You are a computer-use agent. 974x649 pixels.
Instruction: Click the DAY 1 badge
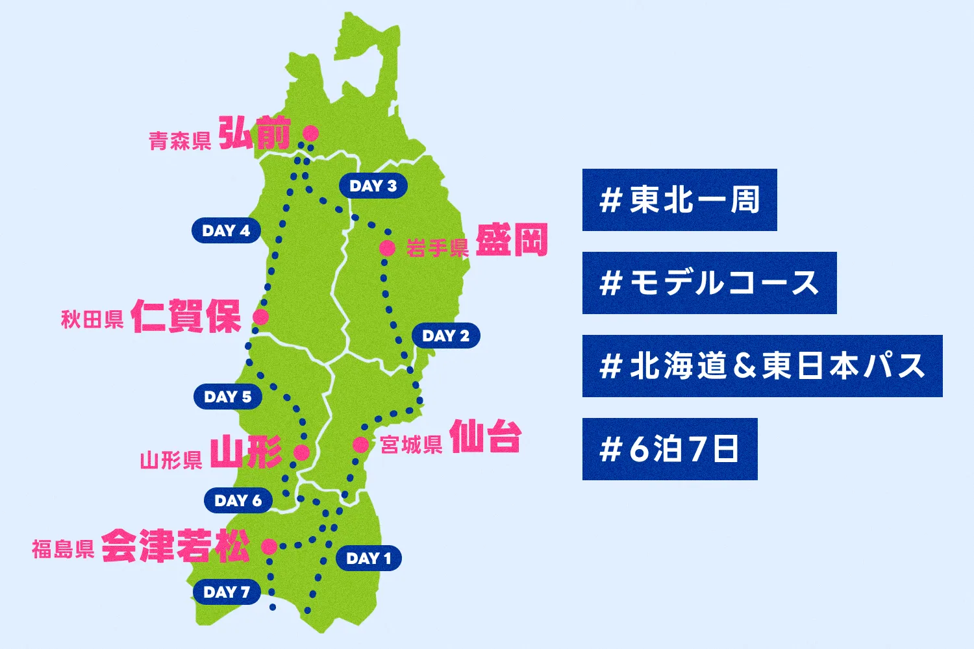coord(368,558)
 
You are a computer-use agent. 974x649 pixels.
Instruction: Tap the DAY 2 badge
coord(445,336)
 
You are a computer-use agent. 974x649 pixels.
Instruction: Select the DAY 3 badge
coord(373,186)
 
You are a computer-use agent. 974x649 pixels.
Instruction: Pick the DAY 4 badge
coord(226,230)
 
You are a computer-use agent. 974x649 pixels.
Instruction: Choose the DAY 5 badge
coord(227,397)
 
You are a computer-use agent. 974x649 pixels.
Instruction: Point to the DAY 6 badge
coord(238,500)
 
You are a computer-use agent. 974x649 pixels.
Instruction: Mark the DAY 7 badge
coord(227,592)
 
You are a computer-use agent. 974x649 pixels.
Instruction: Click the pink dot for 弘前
coord(311,133)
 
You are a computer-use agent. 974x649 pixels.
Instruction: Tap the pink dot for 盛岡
coord(387,247)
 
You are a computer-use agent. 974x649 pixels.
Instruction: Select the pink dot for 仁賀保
coord(260,317)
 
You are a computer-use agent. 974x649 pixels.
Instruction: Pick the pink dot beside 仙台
coord(360,445)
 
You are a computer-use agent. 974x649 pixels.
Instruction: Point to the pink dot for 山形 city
coord(301,452)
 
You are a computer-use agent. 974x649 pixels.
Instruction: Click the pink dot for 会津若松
coord(269,546)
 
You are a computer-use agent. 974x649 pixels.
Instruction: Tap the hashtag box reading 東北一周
coord(679,200)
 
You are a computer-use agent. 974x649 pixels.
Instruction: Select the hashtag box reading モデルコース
coord(709,283)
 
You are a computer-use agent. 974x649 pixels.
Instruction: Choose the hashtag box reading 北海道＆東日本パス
coord(762,366)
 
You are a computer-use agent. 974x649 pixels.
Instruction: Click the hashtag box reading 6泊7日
coord(669,449)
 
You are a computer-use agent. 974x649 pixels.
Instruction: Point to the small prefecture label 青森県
coord(180,141)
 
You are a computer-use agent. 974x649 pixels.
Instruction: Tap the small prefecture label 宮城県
coord(411,445)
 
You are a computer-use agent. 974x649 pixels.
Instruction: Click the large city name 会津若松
coord(175,546)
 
